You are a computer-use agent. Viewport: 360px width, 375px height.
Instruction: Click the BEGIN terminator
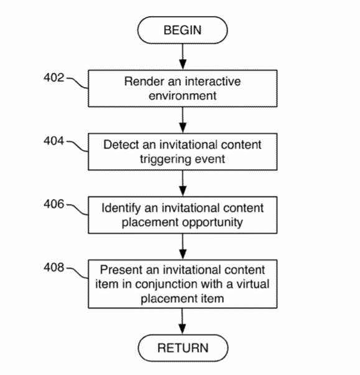pos(182,30)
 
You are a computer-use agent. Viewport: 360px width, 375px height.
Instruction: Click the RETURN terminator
pos(183,348)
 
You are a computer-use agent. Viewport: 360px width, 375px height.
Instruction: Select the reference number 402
pos(54,78)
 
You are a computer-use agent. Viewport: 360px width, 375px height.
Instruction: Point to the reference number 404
pos(54,141)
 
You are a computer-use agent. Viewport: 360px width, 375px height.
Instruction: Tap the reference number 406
pos(54,204)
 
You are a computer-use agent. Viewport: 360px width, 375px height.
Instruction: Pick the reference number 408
pos(54,267)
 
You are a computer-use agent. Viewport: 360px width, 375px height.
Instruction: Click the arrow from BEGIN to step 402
pos(183,57)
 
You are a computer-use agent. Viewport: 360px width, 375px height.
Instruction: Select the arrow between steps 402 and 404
pos(183,120)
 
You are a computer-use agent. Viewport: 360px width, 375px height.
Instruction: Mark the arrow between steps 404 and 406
pos(183,183)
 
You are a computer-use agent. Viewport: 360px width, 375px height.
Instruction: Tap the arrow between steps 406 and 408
pos(183,246)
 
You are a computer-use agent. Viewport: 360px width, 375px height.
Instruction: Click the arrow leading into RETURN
pos(182,321)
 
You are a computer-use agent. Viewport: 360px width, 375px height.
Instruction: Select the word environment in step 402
pos(182,96)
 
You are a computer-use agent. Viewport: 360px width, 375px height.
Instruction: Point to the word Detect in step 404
pos(121,145)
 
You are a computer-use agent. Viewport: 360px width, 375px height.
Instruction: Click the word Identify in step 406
pos(121,208)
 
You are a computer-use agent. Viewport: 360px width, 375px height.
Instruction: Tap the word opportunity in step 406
pos(213,223)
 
